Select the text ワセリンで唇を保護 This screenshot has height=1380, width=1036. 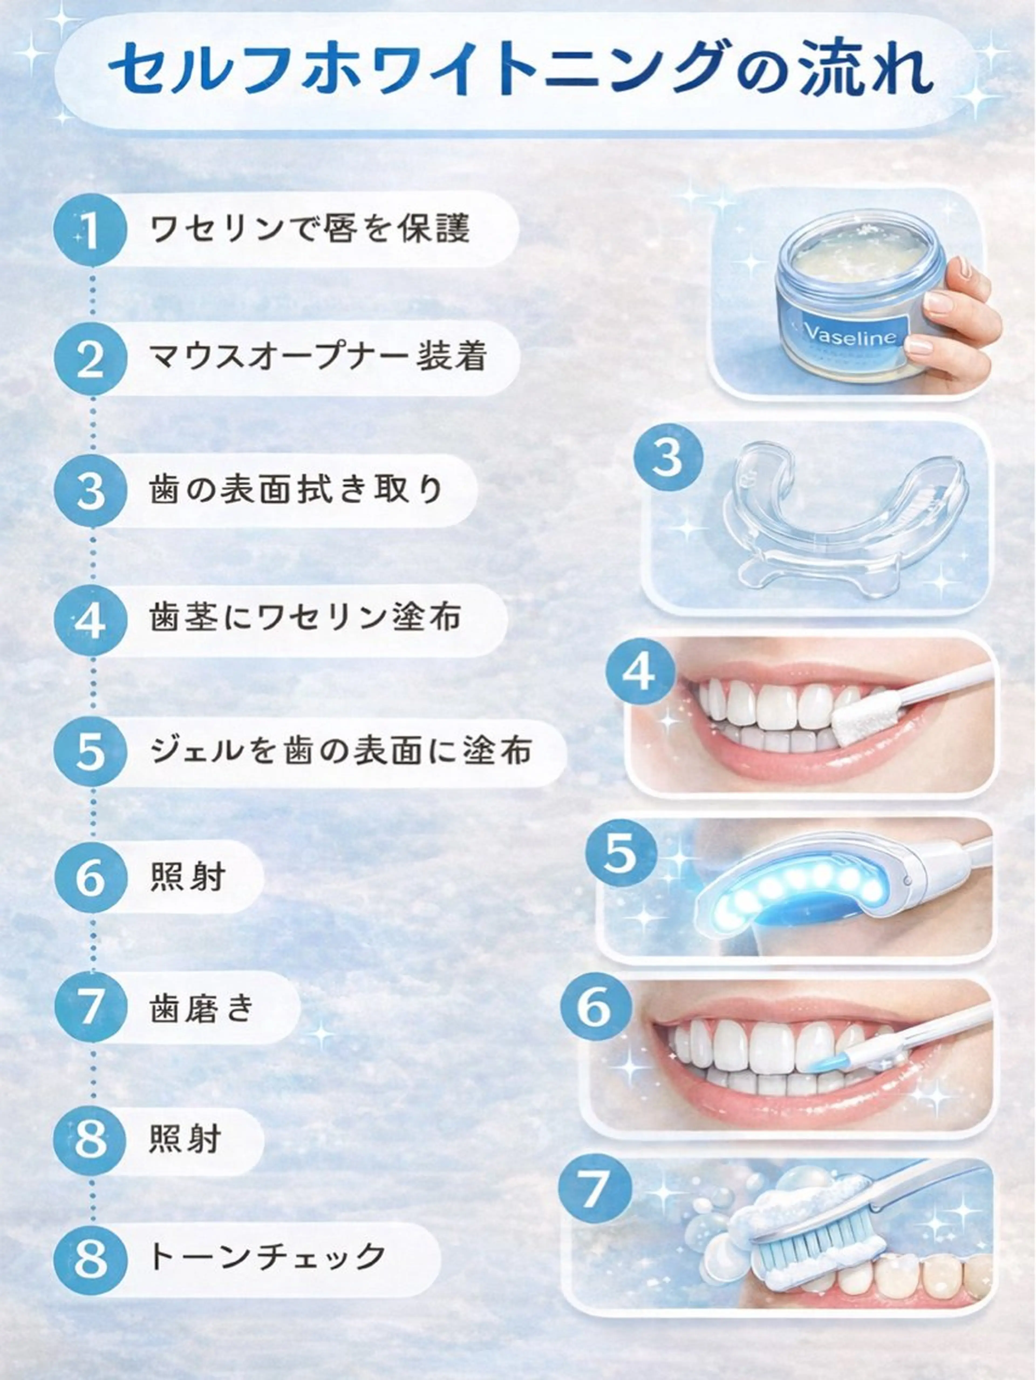click(310, 229)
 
